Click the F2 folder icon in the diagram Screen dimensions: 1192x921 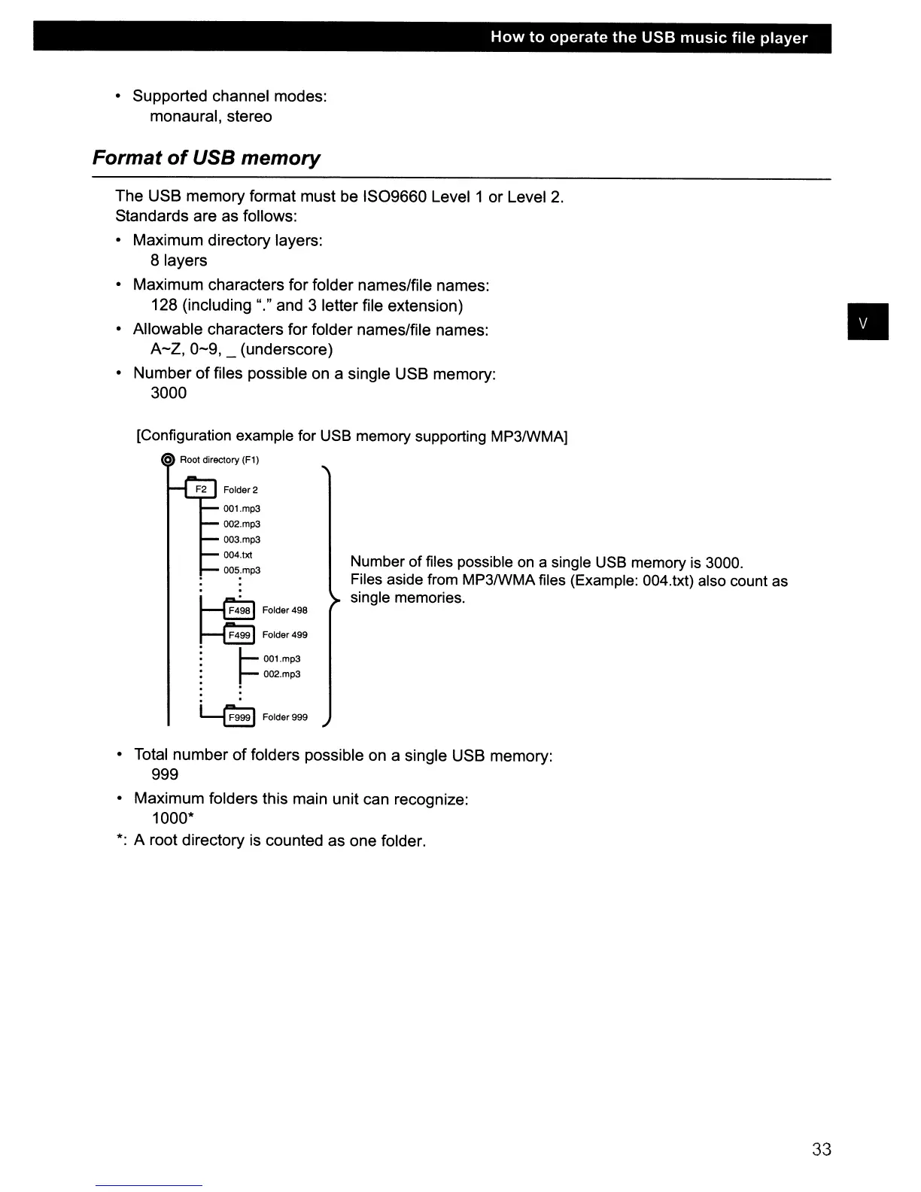[201, 489]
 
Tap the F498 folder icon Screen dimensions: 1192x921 [240, 610]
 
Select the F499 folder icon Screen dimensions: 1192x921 [240, 635]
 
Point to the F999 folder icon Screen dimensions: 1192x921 [240, 717]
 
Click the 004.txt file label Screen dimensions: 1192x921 [238, 555]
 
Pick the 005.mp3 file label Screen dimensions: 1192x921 [242, 570]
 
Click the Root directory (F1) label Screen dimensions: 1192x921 [219, 460]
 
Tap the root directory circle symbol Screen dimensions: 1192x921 [169, 461]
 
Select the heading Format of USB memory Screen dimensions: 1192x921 [206, 158]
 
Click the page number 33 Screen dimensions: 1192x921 [822, 1149]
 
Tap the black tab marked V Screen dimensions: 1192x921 [868, 322]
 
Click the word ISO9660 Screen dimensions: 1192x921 [395, 197]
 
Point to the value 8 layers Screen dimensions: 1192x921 [178, 260]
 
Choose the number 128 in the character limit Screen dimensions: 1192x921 [164, 305]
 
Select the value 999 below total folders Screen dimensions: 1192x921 [165, 774]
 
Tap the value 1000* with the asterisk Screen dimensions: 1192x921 [169, 819]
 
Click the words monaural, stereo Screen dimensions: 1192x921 [211, 117]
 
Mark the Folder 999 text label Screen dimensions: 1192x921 [284, 717]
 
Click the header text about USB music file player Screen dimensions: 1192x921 [649, 38]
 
